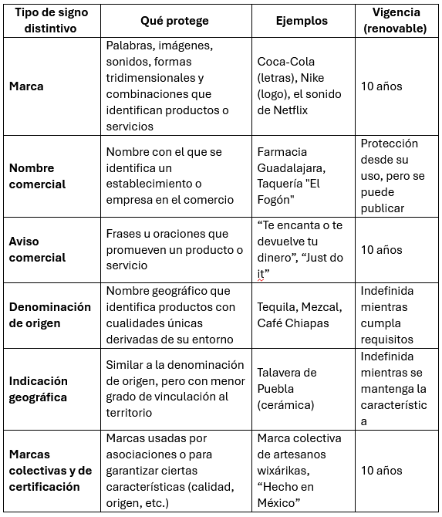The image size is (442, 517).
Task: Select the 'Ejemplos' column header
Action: click(x=302, y=21)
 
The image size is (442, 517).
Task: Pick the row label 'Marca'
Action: click(x=26, y=86)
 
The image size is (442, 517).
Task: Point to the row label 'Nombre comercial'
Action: click(x=37, y=176)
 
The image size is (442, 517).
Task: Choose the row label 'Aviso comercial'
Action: click(x=37, y=249)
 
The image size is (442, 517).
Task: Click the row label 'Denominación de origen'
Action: click(x=50, y=315)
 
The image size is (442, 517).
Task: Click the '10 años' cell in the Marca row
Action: click(x=381, y=86)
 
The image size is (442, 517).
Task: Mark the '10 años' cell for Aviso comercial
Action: click(x=381, y=249)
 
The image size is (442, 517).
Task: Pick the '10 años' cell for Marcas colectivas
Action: click(x=381, y=471)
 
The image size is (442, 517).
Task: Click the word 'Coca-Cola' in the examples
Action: click(x=286, y=61)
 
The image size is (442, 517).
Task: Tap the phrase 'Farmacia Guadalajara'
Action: click(x=295, y=160)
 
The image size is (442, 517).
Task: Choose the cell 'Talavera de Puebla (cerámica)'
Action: click(x=287, y=389)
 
